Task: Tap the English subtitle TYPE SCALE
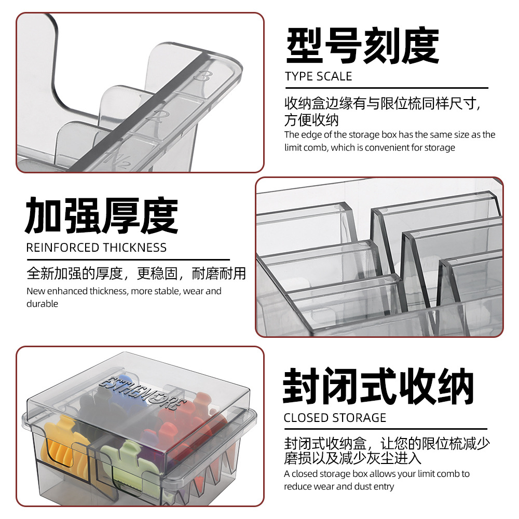319,76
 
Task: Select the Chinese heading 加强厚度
102,215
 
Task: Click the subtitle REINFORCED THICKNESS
97,248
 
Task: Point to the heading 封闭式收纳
378,386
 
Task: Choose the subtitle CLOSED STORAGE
335,418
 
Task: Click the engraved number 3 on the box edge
202,76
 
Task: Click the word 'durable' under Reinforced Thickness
43,304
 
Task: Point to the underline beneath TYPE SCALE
387,88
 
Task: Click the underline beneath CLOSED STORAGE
386,429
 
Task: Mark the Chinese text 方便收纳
311,120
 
